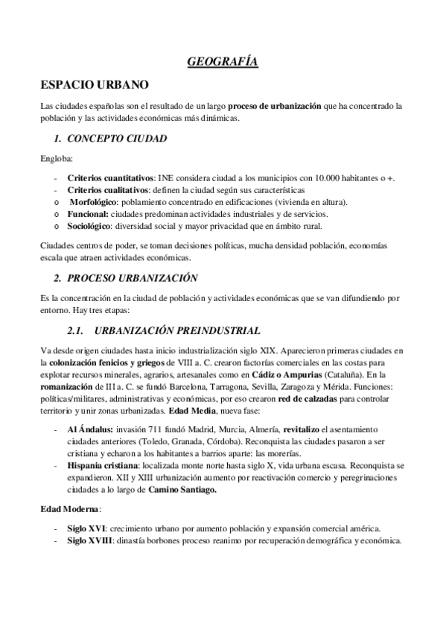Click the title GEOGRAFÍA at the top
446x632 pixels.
[x=223, y=62]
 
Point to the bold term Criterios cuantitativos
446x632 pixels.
[x=109, y=179]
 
